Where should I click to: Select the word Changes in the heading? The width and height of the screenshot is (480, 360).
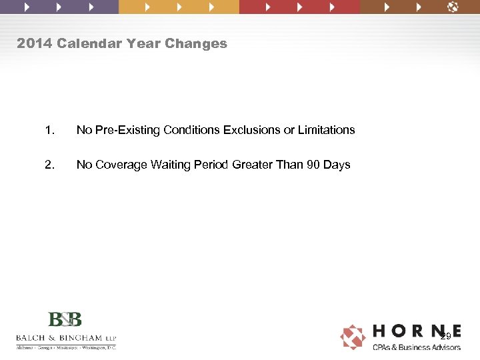(198, 44)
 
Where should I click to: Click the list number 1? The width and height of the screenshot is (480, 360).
(48, 130)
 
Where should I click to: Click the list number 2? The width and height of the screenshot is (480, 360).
(48, 165)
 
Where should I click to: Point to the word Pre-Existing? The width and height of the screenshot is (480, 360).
(124, 130)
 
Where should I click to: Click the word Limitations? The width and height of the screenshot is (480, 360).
(325, 130)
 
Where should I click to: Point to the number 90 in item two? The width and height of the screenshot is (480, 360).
(313, 165)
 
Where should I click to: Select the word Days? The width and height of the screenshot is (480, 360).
(337, 165)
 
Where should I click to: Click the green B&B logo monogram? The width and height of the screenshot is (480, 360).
(65, 319)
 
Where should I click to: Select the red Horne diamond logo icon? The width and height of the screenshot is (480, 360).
(353, 337)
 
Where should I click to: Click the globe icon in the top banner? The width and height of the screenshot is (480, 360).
(453, 7)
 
